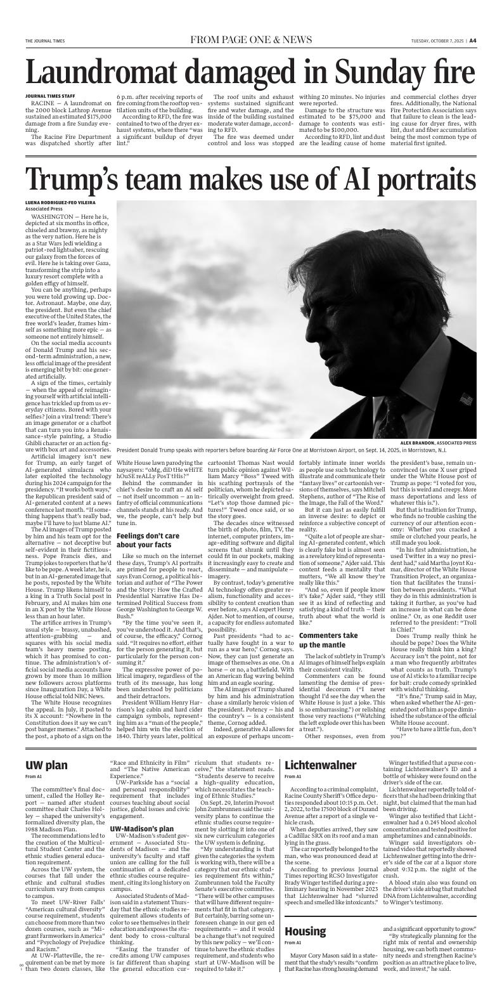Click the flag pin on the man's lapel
tap(467, 400)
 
